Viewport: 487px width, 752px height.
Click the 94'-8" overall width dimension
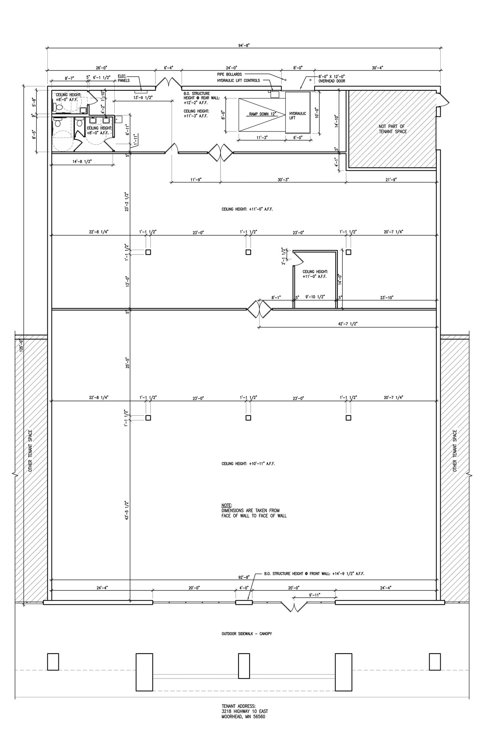pos(244,46)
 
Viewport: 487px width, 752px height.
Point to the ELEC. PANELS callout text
pos(123,78)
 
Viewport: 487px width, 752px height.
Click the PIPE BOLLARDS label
pos(229,75)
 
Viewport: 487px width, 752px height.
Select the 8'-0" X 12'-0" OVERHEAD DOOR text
pos(332,79)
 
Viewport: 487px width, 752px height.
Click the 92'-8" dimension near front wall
pos(244,577)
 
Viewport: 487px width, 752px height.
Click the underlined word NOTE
pos(227,506)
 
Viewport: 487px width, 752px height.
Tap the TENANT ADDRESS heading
pos(238,706)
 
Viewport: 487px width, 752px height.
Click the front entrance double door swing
pos(293,607)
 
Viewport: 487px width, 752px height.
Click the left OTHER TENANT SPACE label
pos(31,451)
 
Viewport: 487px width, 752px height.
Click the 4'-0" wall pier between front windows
pos(244,603)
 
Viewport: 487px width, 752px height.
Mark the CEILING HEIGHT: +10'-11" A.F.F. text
pos(248,464)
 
